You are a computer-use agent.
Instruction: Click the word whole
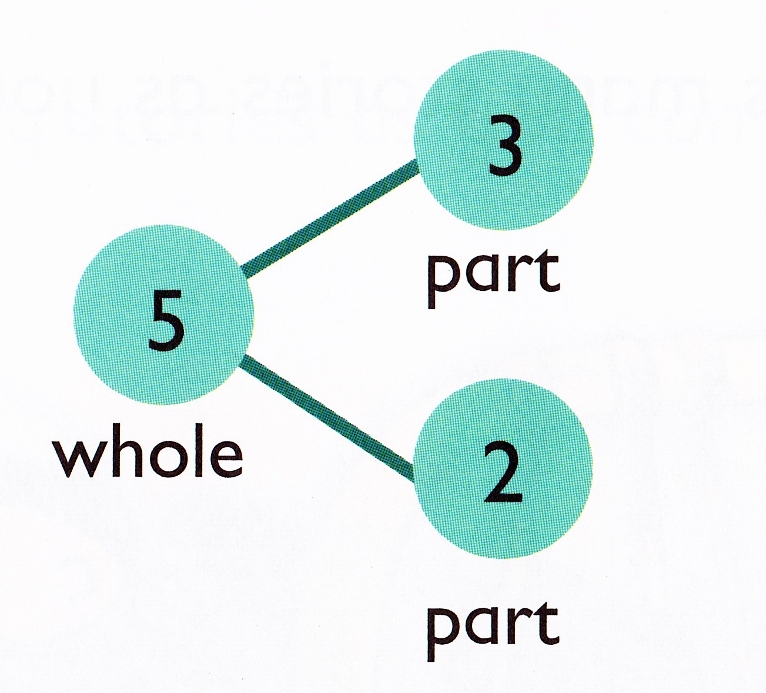click(x=148, y=455)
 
